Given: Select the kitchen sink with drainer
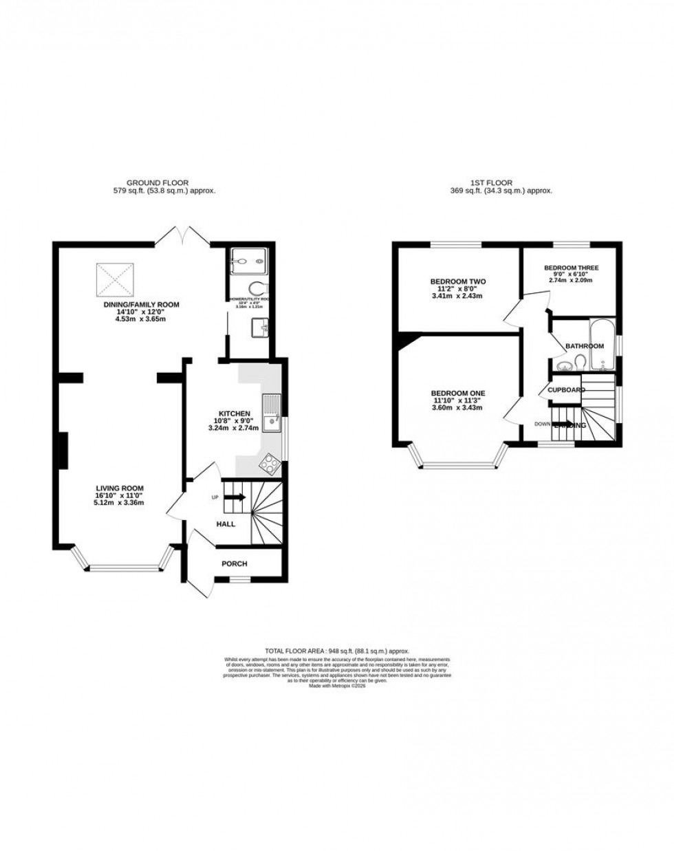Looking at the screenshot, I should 272,413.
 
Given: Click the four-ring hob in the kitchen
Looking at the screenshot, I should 269,465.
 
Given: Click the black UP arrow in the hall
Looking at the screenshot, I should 235,497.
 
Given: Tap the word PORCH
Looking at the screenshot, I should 234,563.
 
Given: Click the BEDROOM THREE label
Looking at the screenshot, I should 571,268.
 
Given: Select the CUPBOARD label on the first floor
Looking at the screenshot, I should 566,390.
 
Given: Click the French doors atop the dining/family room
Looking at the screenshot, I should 182,236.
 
